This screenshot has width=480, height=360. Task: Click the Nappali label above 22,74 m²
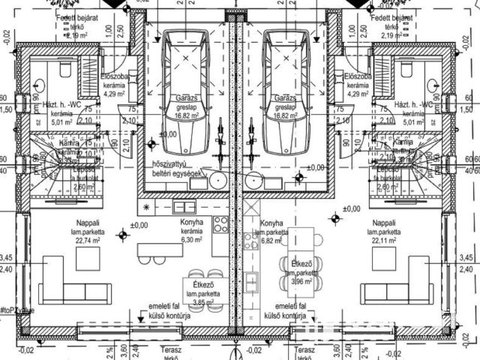(x=89, y=223)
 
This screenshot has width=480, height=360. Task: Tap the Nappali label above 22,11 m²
(x=382, y=223)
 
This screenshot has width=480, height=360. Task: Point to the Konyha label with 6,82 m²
(x=271, y=223)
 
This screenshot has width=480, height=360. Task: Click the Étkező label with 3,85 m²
(x=201, y=285)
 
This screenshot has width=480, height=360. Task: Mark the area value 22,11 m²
(x=382, y=241)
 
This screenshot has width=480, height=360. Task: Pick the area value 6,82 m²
(x=271, y=241)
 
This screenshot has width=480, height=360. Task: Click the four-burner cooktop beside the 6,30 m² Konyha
(x=220, y=223)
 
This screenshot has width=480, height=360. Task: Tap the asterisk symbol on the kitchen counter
(x=145, y=205)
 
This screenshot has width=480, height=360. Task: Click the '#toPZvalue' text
(x=16, y=309)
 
